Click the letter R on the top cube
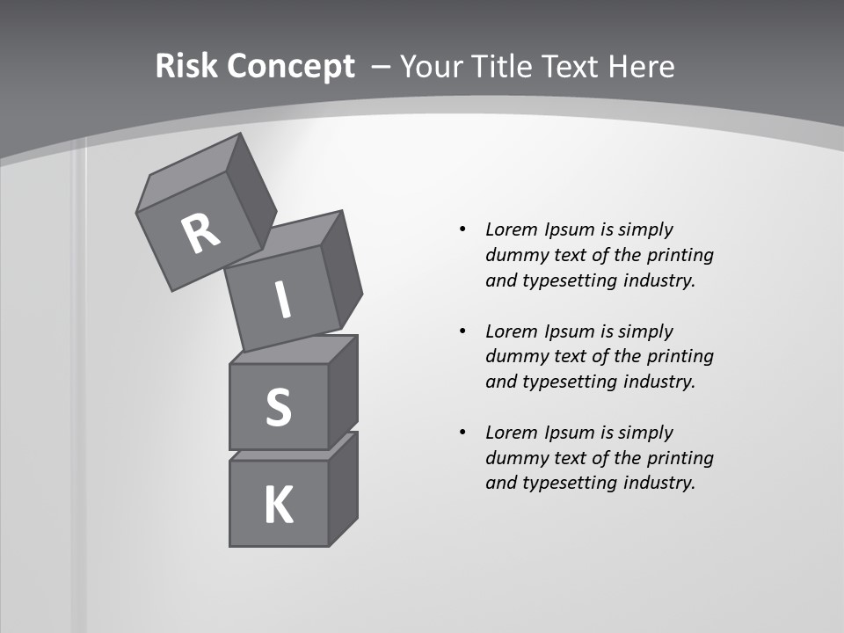[x=200, y=233]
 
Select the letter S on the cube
[x=278, y=407]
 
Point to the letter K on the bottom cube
[x=278, y=506]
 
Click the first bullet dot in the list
[x=462, y=229]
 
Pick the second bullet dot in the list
[x=462, y=331]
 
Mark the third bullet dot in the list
[x=462, y=433]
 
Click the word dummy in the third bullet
[x=513, y=458]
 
